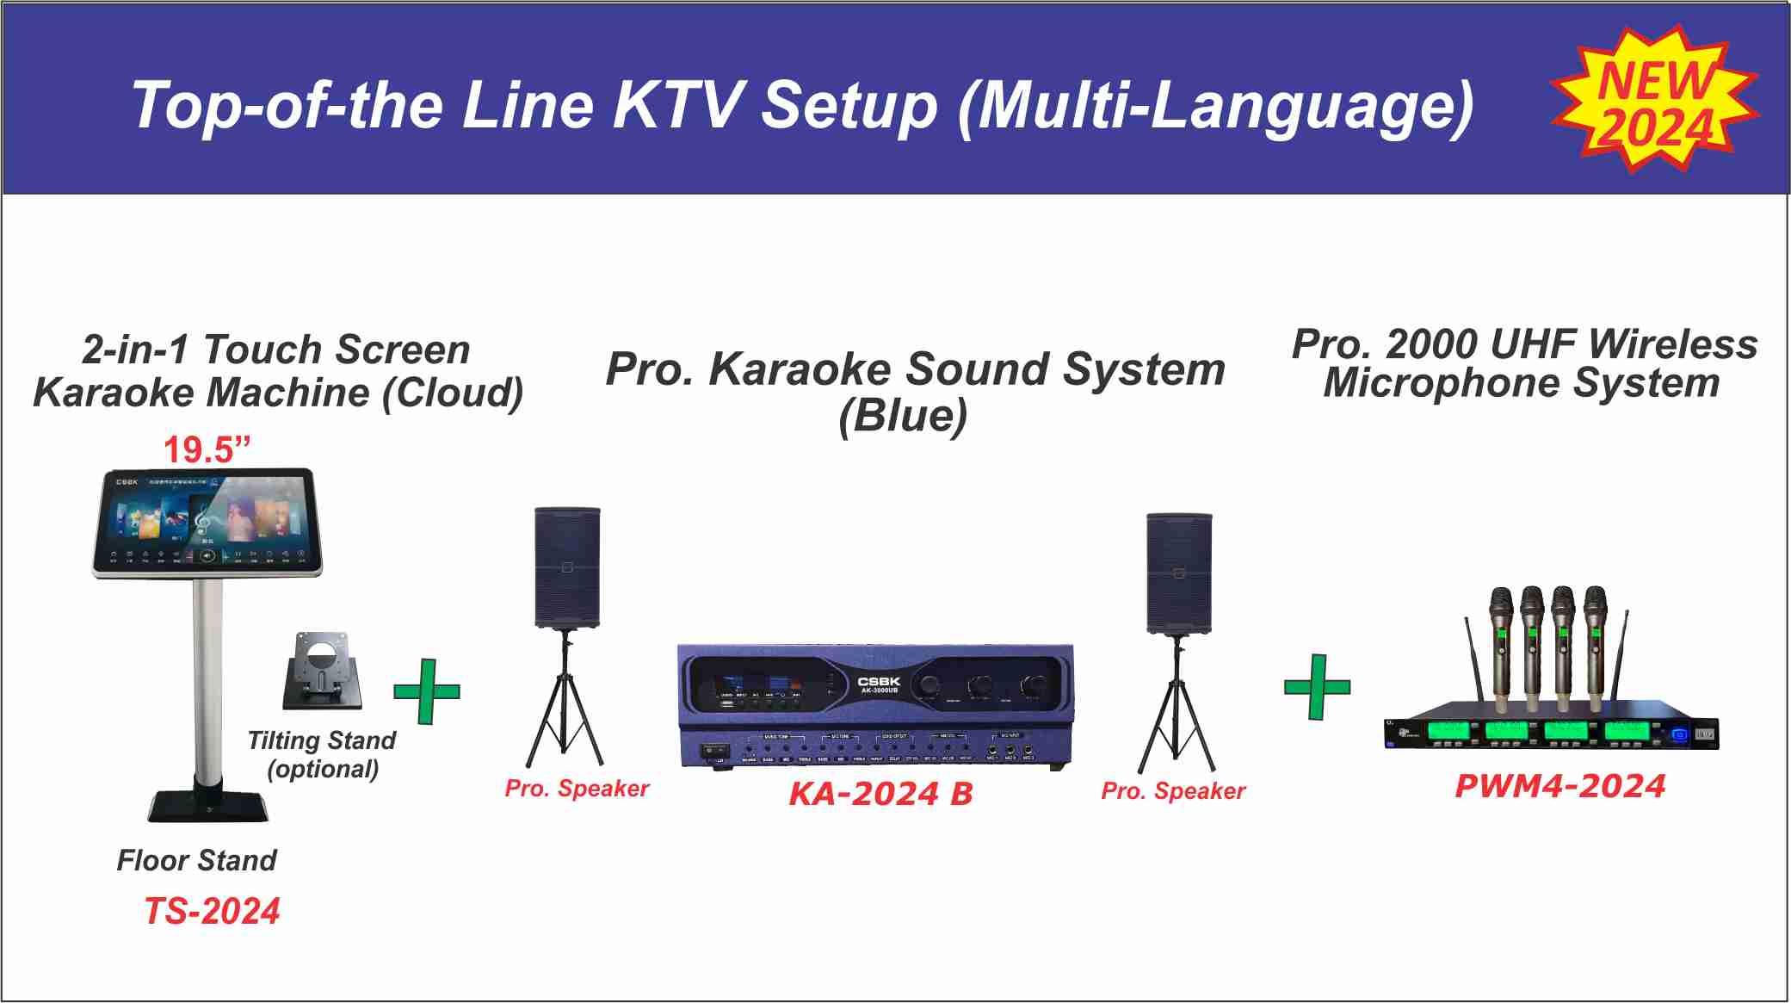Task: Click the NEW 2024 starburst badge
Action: pos(1653,102)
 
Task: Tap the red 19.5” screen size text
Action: pos(207,449)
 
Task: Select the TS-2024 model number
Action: pos(212,911)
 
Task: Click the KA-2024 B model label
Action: pos(880,793)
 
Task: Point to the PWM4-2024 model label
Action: pos(1559,785)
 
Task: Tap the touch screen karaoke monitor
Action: pos(207,522)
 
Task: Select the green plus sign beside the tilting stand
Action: pos(427,691)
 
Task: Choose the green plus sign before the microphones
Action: pos(1317,687)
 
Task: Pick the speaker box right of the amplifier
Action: pos(1178,573)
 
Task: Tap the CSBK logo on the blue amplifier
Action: pos(879,681)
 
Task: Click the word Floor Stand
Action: pos(196,860)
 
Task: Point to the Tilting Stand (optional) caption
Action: pos(322,754)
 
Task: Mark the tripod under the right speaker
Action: pos(1177,706)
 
